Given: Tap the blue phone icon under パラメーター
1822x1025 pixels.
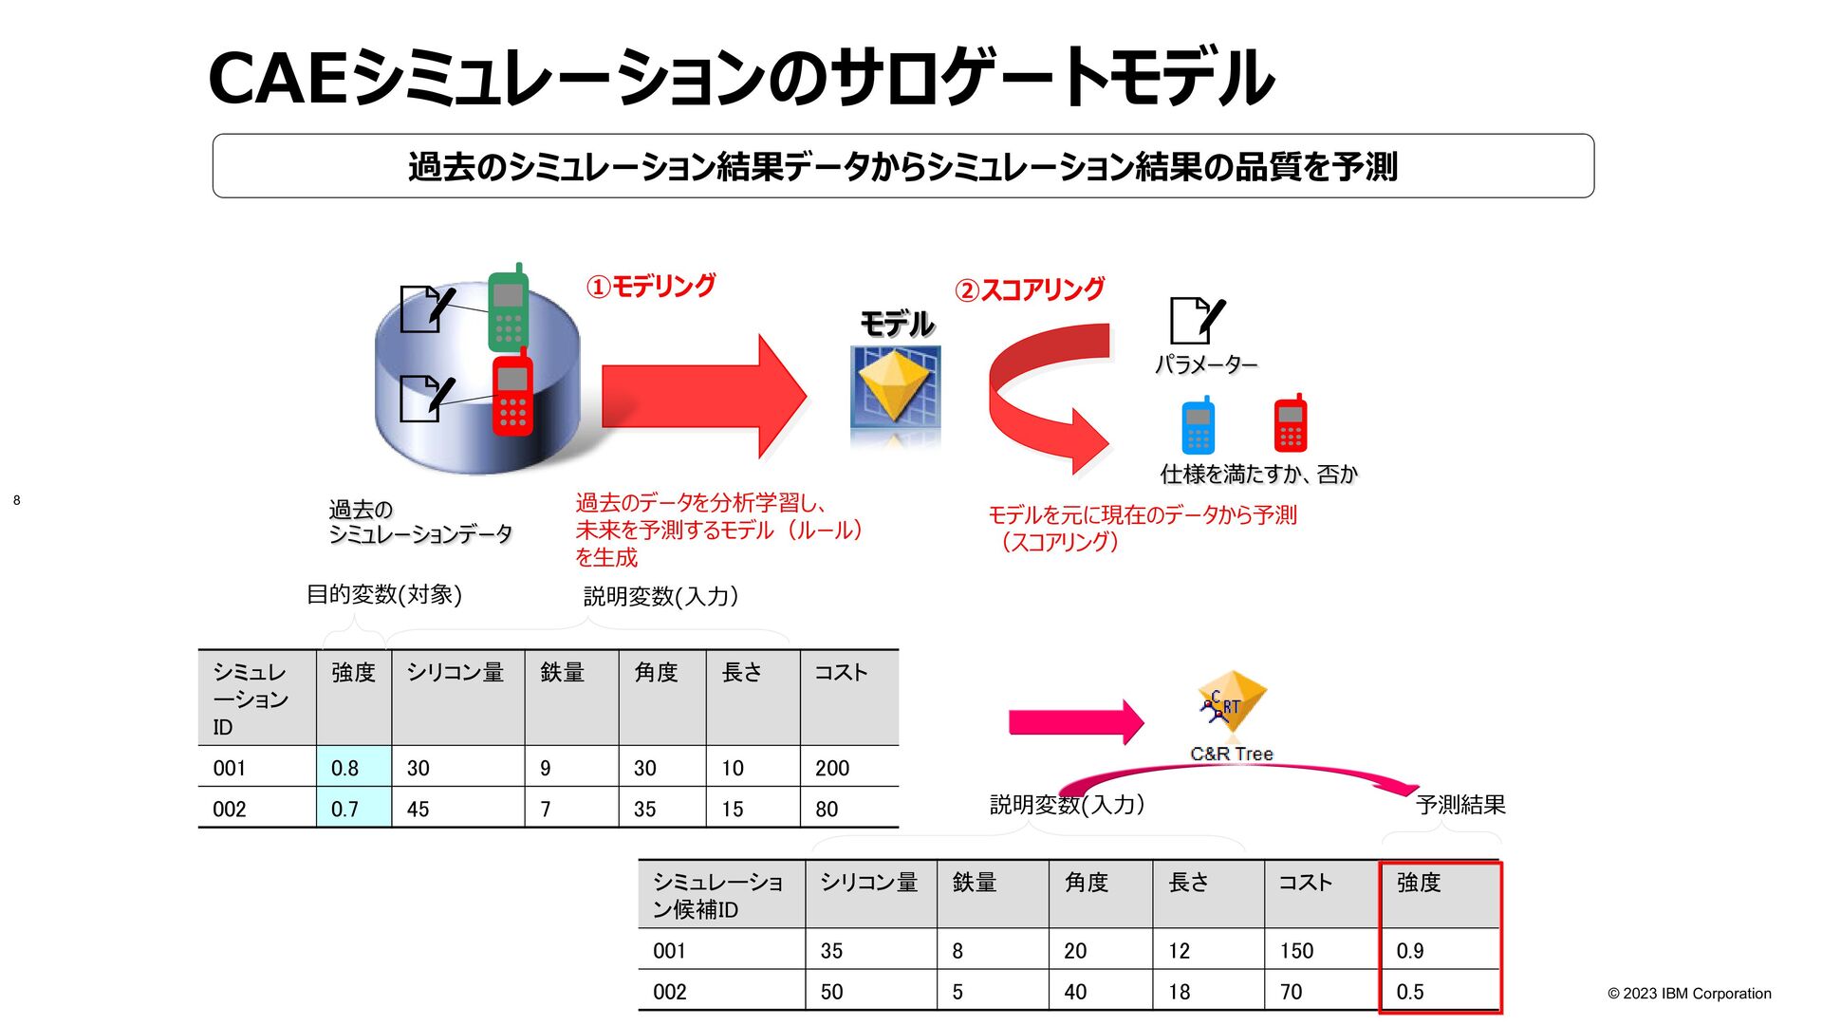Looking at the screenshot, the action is click(1198, 427).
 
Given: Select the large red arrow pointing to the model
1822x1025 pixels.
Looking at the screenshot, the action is click(702, 396).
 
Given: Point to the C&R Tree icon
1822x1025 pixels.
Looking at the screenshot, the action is click(1231, 702).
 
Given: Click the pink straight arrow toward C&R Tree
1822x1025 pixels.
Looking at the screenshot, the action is click(1075, 723).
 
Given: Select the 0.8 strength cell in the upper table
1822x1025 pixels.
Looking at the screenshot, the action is click(353, 768).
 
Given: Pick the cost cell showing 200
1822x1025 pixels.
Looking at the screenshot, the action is click(832, 768).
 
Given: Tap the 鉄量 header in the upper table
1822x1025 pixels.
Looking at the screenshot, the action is click(563, 673).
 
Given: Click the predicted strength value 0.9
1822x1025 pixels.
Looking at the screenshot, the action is click(1410, 951).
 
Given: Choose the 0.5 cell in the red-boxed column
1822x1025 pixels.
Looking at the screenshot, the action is click(1410, 992).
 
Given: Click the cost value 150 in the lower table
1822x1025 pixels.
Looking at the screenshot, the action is click(1296, 951).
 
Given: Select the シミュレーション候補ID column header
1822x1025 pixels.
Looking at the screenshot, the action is click(718, 896).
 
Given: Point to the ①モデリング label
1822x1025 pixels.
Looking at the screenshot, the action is click(651, 286).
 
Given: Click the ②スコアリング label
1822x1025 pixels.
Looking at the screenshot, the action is click(1030, 289).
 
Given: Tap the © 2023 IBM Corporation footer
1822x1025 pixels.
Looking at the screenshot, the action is click(1689, 994).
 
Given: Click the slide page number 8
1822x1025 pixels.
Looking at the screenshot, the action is click(16, 500).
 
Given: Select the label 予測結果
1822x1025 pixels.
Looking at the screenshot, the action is click(1460, 805).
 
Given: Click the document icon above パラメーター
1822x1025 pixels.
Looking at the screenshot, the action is click(1196, 320).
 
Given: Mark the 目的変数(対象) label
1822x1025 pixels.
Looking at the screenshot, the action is click(384, 595).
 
